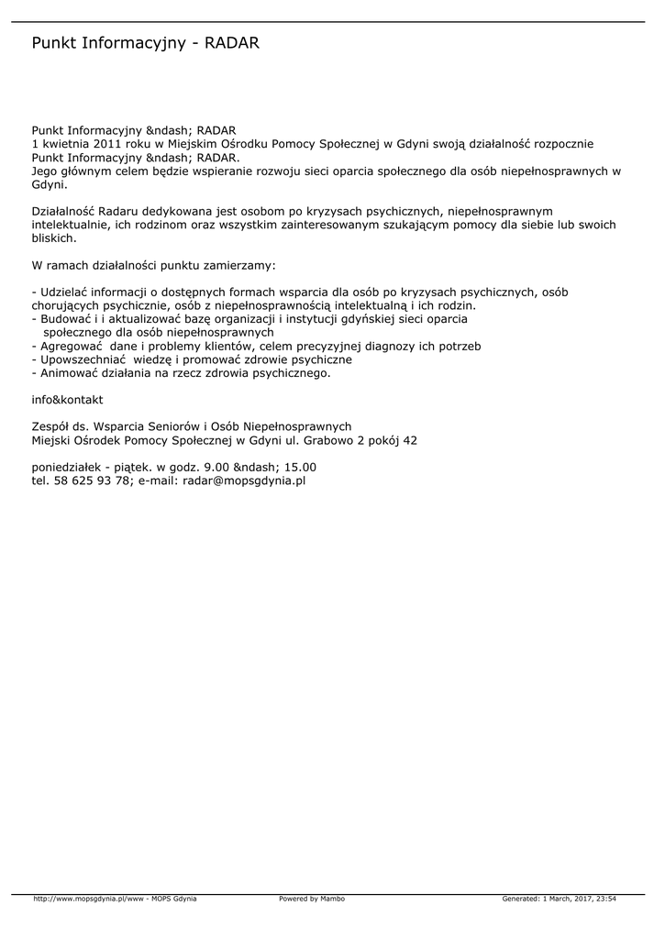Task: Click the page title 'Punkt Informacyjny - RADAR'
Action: coord(146,43)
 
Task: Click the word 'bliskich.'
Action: coord(54,238)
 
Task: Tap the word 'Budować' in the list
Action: coord(64,319)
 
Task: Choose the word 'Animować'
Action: coord(67,373)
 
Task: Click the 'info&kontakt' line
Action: coord(67,400)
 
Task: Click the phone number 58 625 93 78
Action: coord(92,480)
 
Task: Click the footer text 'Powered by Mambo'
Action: coord(312,899)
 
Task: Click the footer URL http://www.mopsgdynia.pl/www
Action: coord(89,899)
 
